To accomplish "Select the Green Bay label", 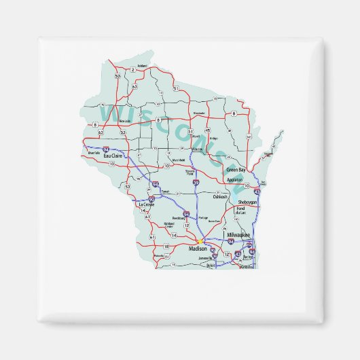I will coord(236,169).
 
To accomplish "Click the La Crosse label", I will coord(146,204).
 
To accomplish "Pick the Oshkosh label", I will coord(221,196).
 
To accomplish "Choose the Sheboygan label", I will coord(249,203).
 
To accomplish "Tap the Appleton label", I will coord(234,180).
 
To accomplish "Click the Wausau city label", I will coord(197,148).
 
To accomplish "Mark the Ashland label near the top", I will coord(142,66).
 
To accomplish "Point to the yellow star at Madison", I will coord(199,240).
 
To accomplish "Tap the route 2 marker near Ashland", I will coord(133,70).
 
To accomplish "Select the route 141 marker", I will coord(249,137).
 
